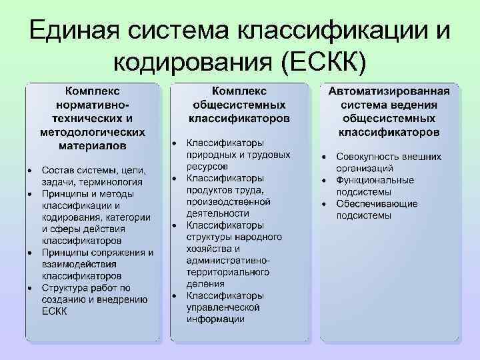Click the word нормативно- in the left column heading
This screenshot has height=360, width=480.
point(93,105)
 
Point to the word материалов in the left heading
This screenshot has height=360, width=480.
point(93,145)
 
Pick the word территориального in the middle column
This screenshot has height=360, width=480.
point(228,272)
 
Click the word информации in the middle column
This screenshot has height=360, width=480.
point(215,319)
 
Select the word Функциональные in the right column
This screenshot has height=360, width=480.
point(375,180)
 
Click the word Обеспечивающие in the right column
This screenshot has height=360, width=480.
point(377,203)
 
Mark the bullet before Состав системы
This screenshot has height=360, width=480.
point(30,170)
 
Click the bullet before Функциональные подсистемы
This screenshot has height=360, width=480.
point(323,180)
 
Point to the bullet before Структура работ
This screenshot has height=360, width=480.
point(30,288)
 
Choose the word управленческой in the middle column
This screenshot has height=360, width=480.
point(223,307)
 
